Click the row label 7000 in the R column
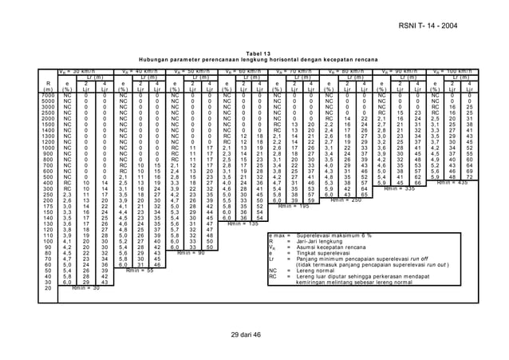coord(47,96)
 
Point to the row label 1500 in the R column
coord(47,125)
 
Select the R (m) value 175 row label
coord(47,206)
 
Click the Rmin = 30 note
coord(85,287)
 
